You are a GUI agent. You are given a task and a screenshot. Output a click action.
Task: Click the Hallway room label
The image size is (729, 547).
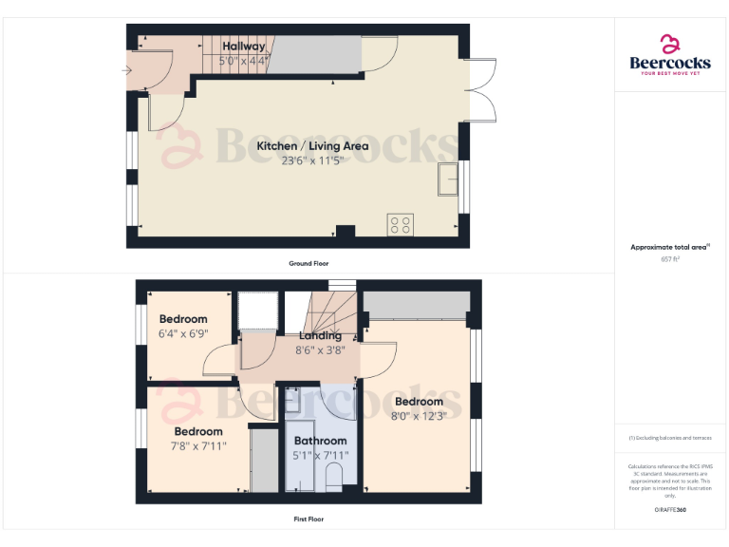[x=244, y=46]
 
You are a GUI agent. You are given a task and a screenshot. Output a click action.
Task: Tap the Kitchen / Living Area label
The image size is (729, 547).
[x=299, y=146]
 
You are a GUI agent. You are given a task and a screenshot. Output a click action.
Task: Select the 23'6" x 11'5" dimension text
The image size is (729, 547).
[x=299, y=160]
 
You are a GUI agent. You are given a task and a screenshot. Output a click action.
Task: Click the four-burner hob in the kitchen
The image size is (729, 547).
[x=400, y=225]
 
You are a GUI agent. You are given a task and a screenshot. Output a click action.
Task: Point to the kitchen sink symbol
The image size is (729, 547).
[x=444, y=179]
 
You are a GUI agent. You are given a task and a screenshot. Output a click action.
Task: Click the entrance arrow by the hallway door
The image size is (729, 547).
[x=127, y=69]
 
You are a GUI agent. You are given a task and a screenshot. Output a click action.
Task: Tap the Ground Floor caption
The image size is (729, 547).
[x=308, y=263]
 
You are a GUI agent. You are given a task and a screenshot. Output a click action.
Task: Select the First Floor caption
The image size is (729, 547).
[x=308, y=519]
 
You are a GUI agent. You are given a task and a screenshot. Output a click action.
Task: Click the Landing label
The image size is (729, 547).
[x=320, y=336]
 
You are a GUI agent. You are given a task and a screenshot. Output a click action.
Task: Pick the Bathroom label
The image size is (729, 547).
[x=320, y=441]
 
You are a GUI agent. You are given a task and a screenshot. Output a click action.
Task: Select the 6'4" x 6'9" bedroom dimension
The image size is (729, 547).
[x=183, y=332]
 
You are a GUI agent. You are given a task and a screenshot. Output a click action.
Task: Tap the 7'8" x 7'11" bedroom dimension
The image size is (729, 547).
[x=198, y=446]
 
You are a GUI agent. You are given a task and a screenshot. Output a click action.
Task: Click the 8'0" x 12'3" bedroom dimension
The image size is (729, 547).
[x=419, y=415]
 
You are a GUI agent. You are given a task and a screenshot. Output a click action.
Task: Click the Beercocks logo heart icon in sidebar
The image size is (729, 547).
[x=670, y=44]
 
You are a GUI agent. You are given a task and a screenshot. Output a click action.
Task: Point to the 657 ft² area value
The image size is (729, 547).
[x=670, y=258]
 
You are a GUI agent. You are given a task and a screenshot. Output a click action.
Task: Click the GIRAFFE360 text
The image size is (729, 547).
[x=670, y=511]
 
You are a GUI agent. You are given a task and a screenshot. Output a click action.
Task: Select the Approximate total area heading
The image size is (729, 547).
[x=670, y=247]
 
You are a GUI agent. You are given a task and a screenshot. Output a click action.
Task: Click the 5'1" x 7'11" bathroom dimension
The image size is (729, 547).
[x=320, y=455]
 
